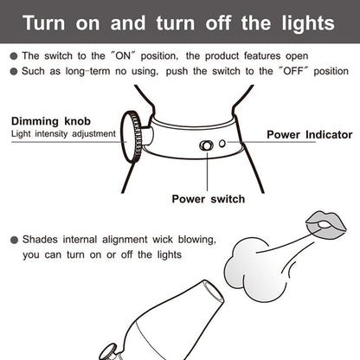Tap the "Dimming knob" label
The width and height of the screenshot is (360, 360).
pos(50,120)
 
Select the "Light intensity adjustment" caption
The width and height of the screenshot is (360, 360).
pos(61,134)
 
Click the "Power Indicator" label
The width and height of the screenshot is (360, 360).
pos(309,134)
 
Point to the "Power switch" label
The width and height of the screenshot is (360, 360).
pos(208,199)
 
